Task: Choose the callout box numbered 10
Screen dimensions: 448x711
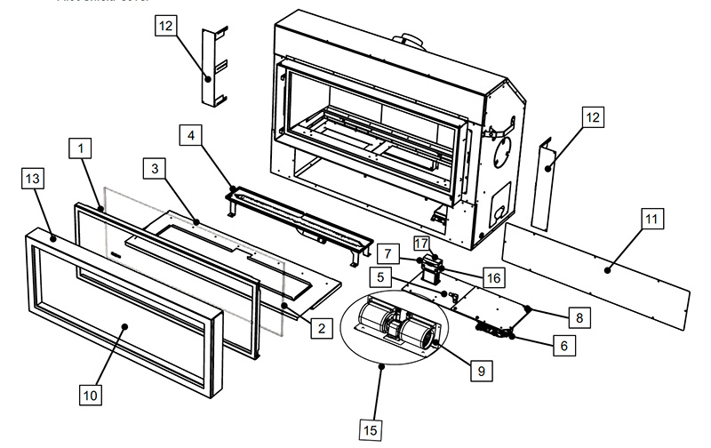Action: click(92, 392)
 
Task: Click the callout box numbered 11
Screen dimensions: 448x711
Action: click(651, 218)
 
